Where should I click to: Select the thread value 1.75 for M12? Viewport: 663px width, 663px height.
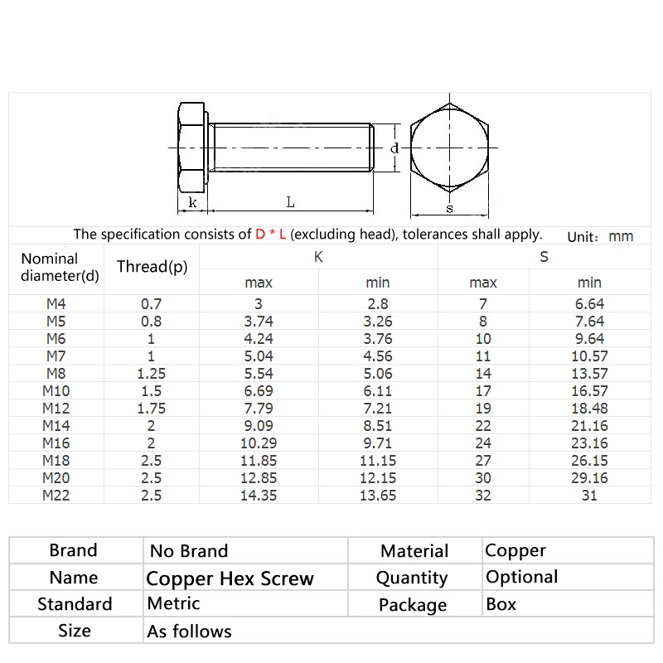pos(152,408)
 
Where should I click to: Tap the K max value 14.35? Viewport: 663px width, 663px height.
pos(259,496)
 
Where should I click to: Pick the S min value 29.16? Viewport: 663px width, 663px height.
pos(590,478)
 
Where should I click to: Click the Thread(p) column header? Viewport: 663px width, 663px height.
pos(152,267)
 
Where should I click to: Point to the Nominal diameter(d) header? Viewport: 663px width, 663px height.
pos(60,268)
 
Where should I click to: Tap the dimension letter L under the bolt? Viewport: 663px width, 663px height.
pos(290,201)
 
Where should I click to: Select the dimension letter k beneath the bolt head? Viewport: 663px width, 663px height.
pos(192,202)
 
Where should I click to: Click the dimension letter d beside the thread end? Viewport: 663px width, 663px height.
pos(394,148)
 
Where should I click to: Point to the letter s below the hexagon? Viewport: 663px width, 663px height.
pos(449,208)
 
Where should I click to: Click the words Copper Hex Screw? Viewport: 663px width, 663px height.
pos(230,578)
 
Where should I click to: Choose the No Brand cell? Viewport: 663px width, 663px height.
pos(188,550)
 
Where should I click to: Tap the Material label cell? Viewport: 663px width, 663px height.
pos(414,550)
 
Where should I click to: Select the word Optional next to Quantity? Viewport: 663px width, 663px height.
pos(521,577)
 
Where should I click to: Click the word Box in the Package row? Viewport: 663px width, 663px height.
pos(501,604)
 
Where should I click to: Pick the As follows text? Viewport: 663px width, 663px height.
pos(189,632)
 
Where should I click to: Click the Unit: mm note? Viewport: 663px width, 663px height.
pos(600,236)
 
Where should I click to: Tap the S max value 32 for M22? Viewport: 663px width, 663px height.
pos(483,496)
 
